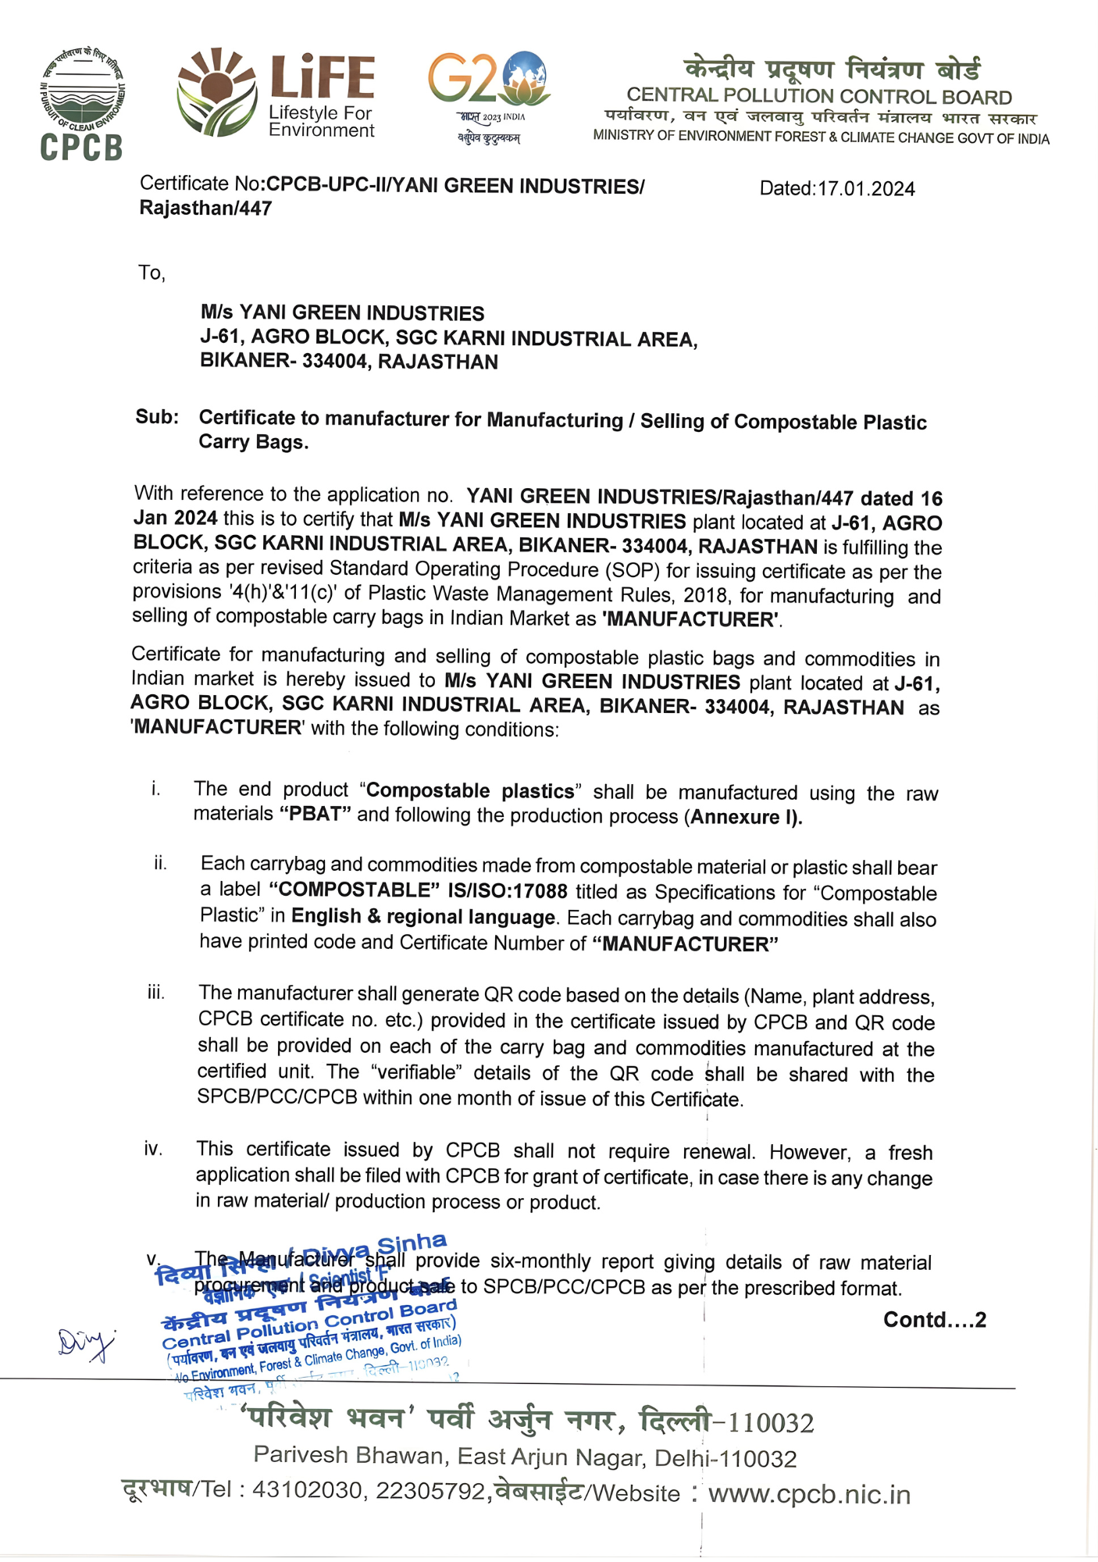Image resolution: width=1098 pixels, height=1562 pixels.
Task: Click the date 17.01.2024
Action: [866, 189]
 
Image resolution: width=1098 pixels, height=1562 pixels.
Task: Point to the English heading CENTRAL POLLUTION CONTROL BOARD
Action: [819, 97]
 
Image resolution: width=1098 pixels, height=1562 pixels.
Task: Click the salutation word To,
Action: [152, 273]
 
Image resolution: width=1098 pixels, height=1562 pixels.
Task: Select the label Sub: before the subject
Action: [157, 417]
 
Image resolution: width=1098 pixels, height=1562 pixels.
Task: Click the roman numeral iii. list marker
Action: [156, 993]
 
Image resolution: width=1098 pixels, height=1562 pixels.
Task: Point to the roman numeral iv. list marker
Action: [153, 1149]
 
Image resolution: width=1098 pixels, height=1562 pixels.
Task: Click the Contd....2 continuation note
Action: [935, 1319]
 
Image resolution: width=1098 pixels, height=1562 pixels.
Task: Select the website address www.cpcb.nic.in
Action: [809, 1494]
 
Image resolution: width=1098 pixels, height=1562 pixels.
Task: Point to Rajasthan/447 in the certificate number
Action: [205, 209]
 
